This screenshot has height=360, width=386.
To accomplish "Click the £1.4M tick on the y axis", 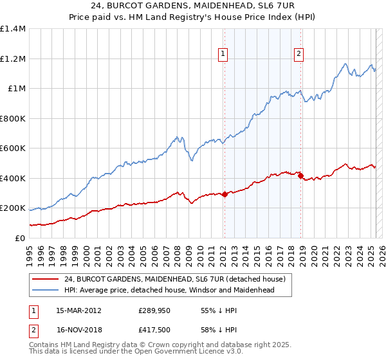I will pyautogui.click(x=13, y=29).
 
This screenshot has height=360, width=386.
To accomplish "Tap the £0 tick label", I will pyautogui.click(x=21, y=238).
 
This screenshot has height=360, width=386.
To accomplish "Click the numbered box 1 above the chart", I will pyautogui.click(x=223, y=55).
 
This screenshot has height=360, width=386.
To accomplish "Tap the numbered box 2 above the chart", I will pyautogui.click(x=300, y=55).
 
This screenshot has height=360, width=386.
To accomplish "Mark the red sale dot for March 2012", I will pyautogui.click(x=225, y=195).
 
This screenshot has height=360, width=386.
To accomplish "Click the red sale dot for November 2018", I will pyautogui.click(x=300, y=175).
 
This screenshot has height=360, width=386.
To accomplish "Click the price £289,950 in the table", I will pyautogui.click(x=152, y=310).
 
